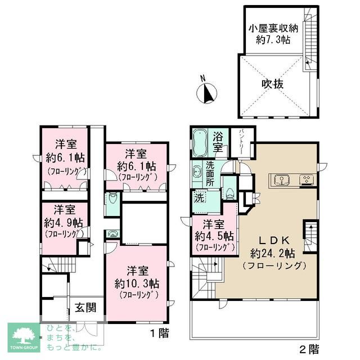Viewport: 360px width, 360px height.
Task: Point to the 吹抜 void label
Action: pos(272,83)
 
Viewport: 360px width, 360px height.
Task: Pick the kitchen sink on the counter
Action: pos(280,180)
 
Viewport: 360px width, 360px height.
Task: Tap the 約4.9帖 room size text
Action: pos(65,222)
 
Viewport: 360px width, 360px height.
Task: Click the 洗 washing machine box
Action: pos(199,198)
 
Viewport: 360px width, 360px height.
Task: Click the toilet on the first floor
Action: pos(111,199)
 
